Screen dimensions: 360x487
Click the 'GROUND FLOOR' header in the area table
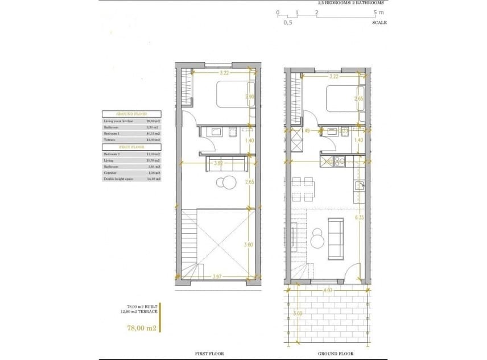[131, 114]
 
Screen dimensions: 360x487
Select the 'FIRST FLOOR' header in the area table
[131, 147]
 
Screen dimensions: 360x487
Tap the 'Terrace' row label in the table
[109, 139]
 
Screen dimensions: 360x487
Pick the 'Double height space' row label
[116, 179]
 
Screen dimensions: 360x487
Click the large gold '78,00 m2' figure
[141, 328]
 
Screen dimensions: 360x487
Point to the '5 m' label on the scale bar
[379, 12]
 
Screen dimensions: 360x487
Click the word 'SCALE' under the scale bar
[379, 23]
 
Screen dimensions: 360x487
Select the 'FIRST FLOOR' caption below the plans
[209, 354]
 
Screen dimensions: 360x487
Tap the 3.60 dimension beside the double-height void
[248, 245]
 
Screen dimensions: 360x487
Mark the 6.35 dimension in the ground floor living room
[358, 217]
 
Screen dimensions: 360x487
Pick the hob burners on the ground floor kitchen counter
[340, 162]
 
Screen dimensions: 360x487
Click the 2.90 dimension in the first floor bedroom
[249, 97]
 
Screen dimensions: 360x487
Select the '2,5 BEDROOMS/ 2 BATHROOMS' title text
[350, 3]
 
